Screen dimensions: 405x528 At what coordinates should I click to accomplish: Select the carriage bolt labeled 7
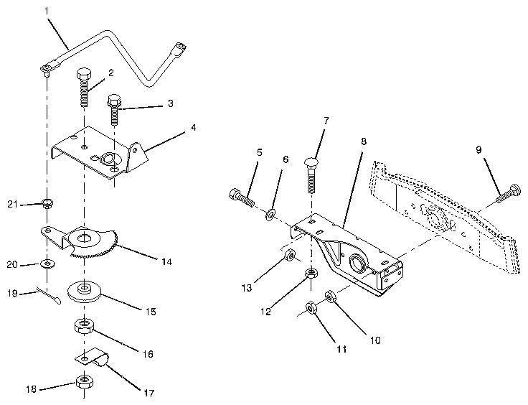(x=311, y=172)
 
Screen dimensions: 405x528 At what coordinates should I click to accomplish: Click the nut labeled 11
(x=311, y=307)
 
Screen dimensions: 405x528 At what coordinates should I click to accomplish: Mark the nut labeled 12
(x=312, y=274)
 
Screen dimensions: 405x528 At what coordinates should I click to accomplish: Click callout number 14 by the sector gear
(x=166, y=262)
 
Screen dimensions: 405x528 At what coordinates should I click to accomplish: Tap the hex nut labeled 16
(x=85, y=329)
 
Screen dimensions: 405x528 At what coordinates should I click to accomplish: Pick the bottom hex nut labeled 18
(x=84, y=381)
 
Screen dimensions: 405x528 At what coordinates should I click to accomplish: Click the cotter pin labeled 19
(x=47, y=295)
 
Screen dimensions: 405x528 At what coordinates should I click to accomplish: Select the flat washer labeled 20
(x=47, y=264)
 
